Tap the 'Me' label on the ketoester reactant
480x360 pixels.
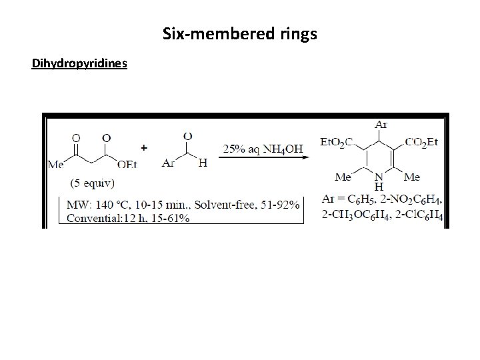57,163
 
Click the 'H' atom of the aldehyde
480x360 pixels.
203,163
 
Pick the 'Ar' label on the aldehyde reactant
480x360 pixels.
169,163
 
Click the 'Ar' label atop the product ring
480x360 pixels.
381,124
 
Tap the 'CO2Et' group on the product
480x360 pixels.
423,141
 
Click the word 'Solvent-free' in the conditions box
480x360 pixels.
222,202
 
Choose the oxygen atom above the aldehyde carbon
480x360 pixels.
189,137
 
